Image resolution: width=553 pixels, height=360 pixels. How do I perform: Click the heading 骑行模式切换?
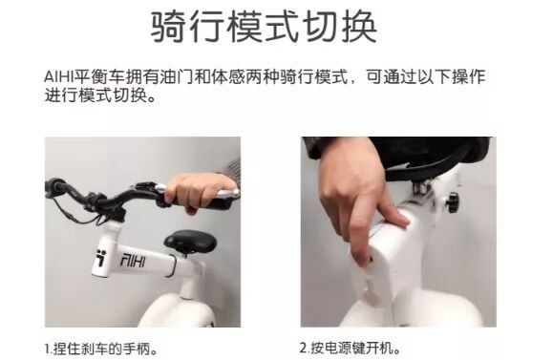264,27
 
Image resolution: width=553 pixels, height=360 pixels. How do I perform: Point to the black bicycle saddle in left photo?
190,242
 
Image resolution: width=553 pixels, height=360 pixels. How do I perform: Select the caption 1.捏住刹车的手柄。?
101,349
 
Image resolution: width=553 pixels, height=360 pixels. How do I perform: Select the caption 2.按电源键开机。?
351,349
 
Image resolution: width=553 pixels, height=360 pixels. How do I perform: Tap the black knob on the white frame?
452,202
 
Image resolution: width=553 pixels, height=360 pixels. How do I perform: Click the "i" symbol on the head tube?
101,258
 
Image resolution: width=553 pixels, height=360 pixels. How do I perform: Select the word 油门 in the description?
176,77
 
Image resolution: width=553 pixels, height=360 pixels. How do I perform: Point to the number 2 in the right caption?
304,349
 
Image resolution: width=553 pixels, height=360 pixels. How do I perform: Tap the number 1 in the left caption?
48,349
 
